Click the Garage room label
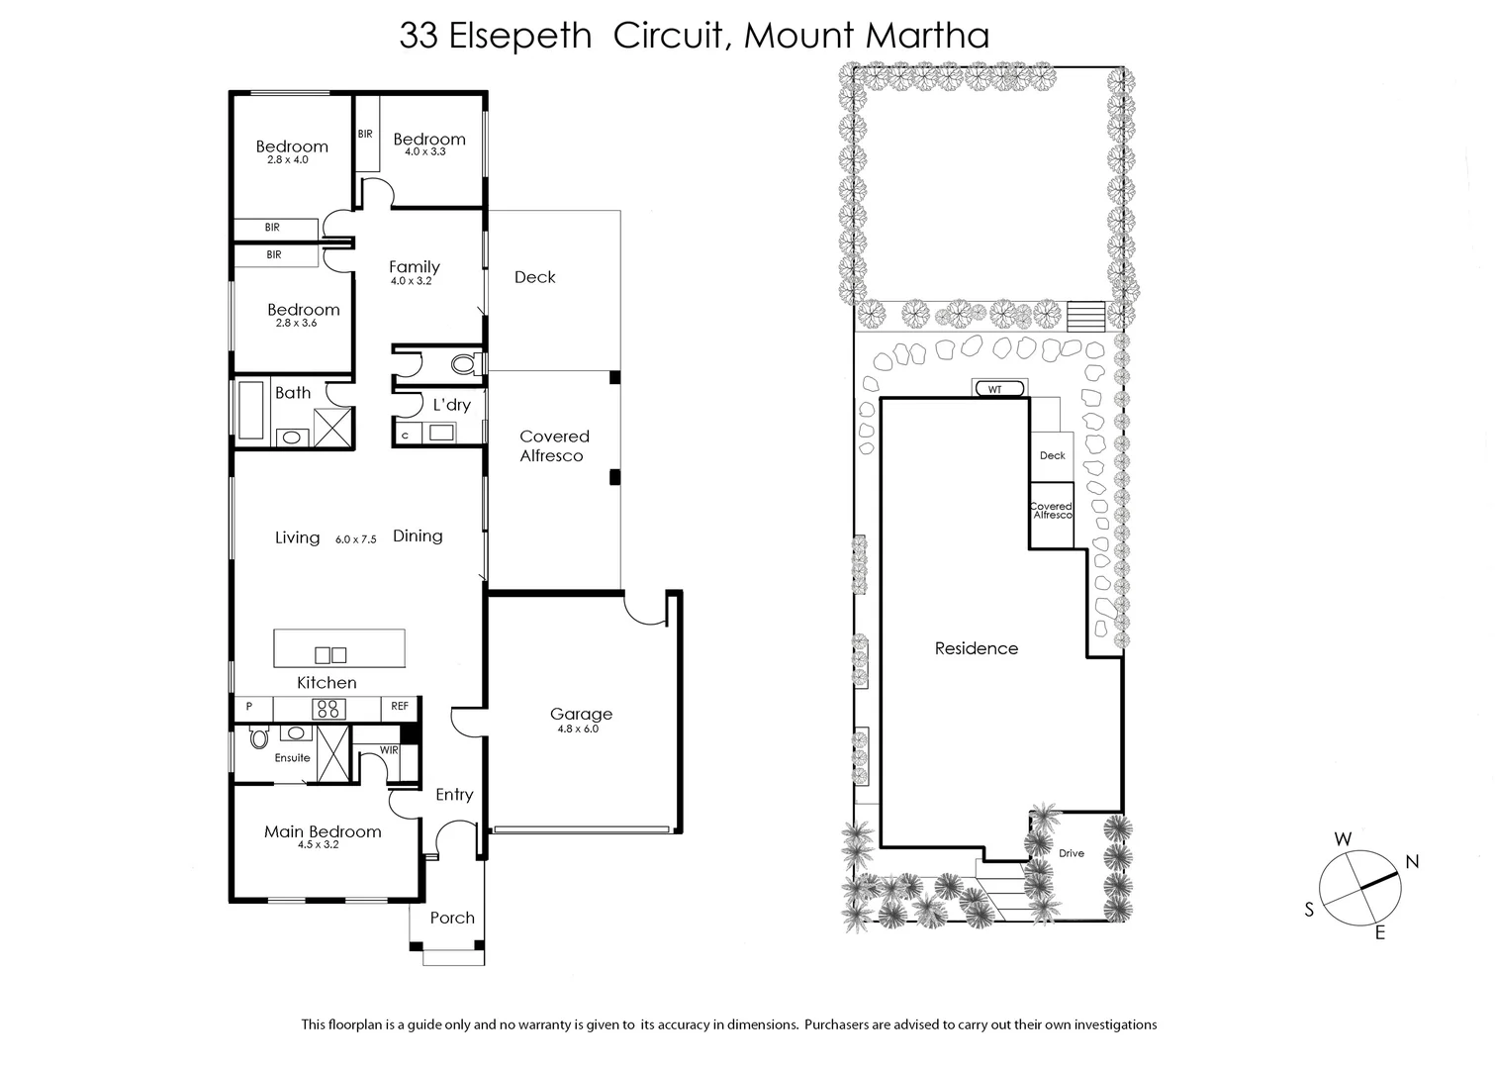(x=581, y=714)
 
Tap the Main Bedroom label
(x=323, y=831)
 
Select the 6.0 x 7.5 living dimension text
(x=356, y=539)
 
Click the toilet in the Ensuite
(x=259, y=737)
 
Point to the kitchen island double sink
(x=330, y=654)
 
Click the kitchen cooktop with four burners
(x=327, y=708)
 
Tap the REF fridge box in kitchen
(x=400, y=707)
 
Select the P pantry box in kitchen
(x=249, y=707)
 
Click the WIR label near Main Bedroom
(x=389, y=750)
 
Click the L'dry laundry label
(x=452, y=405)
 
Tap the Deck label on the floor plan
(x=534, y=277)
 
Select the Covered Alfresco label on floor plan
(x=553, y=445)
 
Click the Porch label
(x=452, y=918)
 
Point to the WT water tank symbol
(x=994, y=389)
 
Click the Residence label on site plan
(x=977, y=648)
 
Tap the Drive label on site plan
(x=1072, y=853)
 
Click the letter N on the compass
(x=1412, y=861)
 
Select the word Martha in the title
(x=928, y=36)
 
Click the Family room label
(x=414, y=267)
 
